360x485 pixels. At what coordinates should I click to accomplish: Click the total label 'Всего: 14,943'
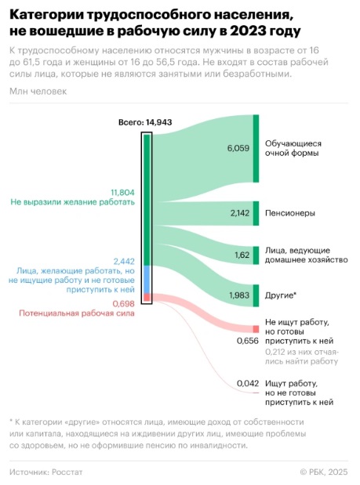(x=145, y=122)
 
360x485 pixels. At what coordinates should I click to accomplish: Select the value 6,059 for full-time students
(x=238, y=148)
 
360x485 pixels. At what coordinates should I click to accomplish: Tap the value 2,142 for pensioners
(x=239, y=213)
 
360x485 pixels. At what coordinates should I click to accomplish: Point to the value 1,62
(x=242, y=255)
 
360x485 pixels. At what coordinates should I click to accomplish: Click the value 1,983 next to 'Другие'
(x=239, y=295)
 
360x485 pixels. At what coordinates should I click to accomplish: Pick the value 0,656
(x=248, y=341)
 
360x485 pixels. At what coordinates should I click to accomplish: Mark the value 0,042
(x=248, y=384)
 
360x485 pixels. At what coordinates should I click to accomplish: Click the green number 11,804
(x=122, y=193)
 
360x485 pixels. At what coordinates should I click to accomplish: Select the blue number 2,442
(x=124, y=262)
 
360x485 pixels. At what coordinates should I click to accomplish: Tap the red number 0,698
(x=123, y=304)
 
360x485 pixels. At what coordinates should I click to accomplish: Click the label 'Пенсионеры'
(x=290, y=213)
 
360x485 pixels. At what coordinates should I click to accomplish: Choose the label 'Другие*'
(x=281, y=295)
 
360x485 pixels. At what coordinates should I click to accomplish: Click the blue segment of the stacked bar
(x=147, y=279)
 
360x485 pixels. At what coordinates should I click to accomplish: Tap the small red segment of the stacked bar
(x=147, y=297)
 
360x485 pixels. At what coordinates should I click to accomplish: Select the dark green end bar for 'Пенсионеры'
(x=256, y=213)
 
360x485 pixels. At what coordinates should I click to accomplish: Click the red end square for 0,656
(x=256, y=329)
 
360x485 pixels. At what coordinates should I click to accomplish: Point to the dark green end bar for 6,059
(x=256, y=148)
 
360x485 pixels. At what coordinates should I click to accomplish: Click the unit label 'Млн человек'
(x=38, y=92)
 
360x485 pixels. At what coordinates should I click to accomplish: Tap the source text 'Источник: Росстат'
(x=46, y=472)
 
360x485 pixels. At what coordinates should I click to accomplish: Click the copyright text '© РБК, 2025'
(x=324, y=472)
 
